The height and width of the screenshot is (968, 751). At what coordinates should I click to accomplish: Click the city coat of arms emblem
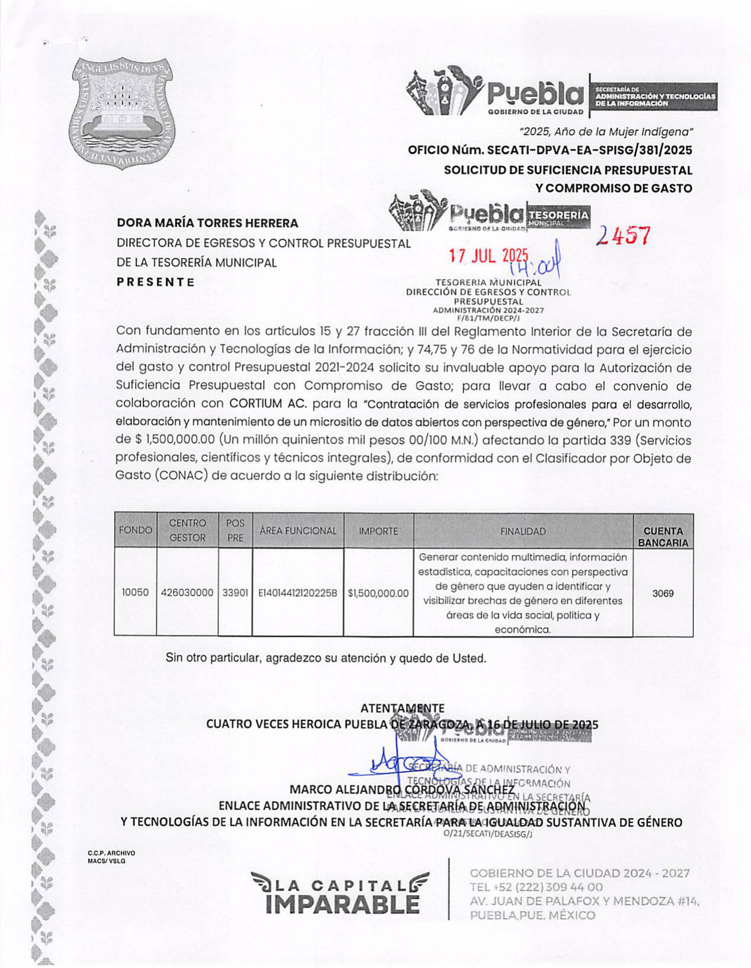123,112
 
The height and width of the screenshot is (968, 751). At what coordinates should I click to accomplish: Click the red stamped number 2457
623,236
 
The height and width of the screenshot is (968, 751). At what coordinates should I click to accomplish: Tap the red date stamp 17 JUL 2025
488,256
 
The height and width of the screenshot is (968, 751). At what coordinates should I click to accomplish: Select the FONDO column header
135,530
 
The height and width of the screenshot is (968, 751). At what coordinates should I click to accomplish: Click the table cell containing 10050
135,593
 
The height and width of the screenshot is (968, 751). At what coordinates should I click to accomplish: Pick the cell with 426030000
187,593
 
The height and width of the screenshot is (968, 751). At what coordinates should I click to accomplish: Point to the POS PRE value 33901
235,593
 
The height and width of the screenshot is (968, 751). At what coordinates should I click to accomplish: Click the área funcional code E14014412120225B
297,593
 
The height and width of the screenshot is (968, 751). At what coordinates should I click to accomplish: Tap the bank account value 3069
663,593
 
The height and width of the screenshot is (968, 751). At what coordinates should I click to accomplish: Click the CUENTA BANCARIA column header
663,536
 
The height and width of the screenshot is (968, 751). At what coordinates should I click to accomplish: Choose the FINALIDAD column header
522,532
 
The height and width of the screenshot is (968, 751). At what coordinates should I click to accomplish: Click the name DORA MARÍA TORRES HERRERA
207,223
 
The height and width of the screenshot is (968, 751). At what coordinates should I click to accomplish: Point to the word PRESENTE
155,282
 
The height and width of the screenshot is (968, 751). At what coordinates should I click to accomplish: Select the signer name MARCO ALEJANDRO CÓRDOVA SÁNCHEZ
402,790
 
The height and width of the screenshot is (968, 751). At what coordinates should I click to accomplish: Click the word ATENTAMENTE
402,708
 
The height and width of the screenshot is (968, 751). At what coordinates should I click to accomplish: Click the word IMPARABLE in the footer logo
342,904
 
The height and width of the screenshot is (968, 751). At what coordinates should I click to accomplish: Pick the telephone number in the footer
536,887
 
